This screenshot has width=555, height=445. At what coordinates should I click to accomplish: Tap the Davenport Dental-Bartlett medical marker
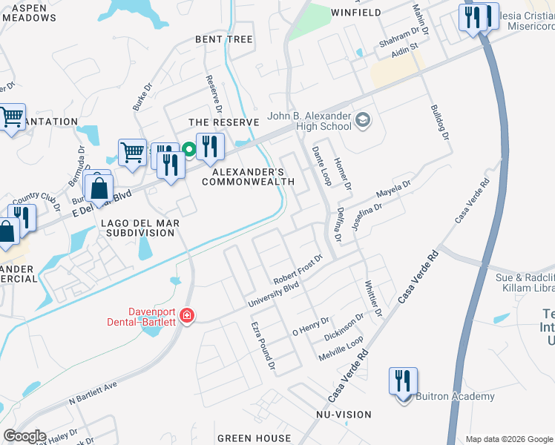click(x=186, y=317)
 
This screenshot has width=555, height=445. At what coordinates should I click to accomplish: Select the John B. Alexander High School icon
click(x=363, y=120)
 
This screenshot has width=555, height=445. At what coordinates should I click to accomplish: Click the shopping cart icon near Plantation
click(x=11, y=117)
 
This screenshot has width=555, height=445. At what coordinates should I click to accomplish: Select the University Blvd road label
click(x=272, y=293)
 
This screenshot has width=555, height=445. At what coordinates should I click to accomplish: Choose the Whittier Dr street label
click(x=372, y=297)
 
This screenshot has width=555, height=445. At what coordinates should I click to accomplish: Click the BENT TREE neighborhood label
click(x=223, y=39)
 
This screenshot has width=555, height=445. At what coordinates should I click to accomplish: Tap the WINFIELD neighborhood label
click(x=355, y=13)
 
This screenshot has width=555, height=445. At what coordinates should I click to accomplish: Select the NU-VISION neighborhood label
click(x=344, y=415)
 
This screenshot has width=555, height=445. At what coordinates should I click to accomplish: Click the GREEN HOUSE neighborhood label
click(x=254, y=438)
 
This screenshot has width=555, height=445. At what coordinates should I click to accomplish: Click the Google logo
click(x=24, y=436)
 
